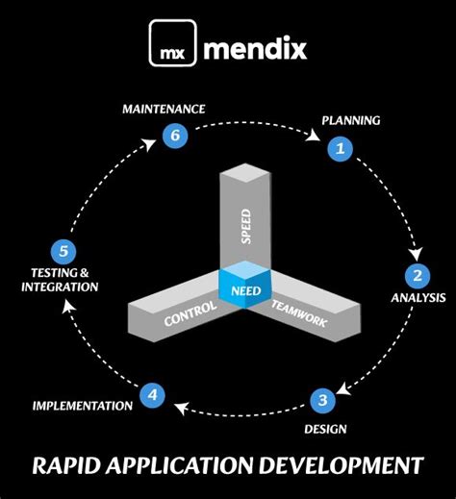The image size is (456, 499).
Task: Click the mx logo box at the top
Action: click(x=173, y=44)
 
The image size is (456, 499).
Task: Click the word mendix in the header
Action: click(x=254, y=44)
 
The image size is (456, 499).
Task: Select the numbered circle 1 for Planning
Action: click(x=339, y=148)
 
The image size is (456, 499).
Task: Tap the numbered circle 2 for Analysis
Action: click(x=417, y=276)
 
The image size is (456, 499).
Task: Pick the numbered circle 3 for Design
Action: click(x=323, y=398)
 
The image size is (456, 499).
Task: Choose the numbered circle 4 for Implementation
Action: click(x=152, y=393)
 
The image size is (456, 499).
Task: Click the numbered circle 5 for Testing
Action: click(x=63, y=253)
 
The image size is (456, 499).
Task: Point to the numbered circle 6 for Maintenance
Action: click(x=174, y=136)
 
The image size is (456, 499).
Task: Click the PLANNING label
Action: click(x=350, y=121)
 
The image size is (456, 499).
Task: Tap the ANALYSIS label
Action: click(x=418, y=298)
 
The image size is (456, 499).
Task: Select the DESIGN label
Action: click(x=327, y=429)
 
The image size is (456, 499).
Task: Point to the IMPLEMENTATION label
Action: click(x=83, y=406)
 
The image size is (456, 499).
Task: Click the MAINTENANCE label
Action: click(x=164, y=109)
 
